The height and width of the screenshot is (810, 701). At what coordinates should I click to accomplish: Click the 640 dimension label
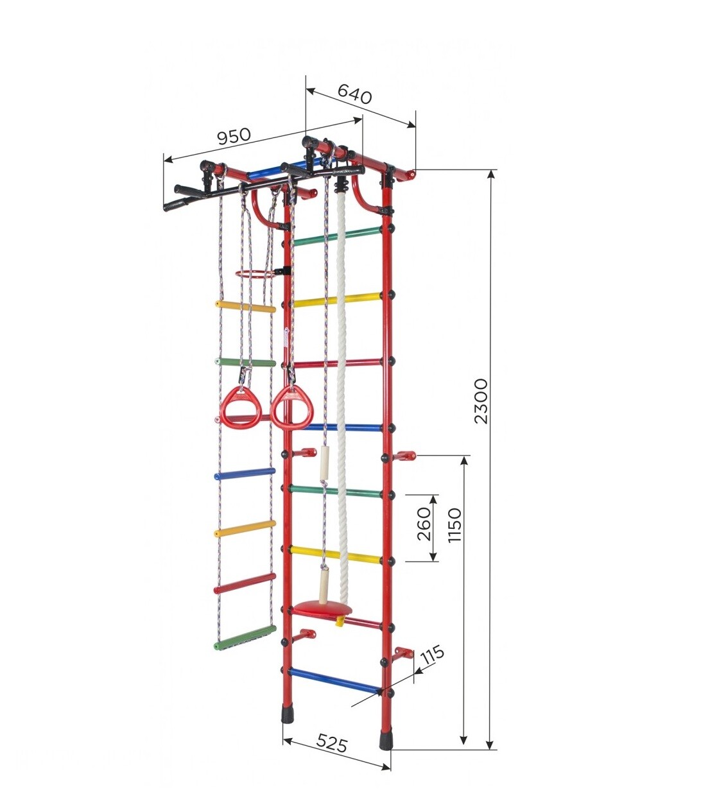pos(354,94)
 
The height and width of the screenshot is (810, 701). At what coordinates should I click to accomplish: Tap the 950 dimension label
pos(234,136)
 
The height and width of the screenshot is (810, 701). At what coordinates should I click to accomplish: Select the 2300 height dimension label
pos(480,401)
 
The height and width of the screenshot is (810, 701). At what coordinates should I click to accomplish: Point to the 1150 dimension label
pos(454,525)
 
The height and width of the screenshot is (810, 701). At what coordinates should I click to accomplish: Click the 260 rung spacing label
pos(424,524)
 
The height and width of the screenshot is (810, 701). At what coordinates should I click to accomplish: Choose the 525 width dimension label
pos(331,753)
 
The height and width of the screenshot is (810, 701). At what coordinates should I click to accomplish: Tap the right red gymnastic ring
pos(289,407)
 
